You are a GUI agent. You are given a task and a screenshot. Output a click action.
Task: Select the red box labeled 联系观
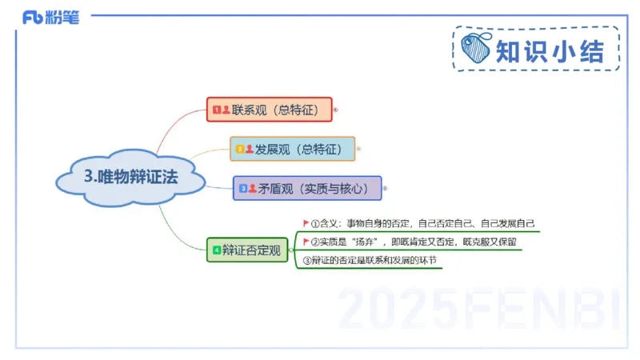click(270, 109)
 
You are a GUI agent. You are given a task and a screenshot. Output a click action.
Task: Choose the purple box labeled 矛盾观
click(307, 189)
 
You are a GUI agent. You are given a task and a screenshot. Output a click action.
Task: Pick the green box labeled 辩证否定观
click(246, 250)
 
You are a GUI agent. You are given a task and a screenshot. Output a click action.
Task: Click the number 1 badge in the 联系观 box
click(216, 109)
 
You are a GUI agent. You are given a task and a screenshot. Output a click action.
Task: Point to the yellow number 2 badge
click(239, 149)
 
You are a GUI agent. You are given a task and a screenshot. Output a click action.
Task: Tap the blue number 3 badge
click(243, 189)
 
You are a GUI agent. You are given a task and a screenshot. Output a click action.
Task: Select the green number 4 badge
click(216, 250)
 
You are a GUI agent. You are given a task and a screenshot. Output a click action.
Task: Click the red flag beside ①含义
click(306, 223)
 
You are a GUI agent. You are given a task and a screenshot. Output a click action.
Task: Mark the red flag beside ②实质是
click(306, 241)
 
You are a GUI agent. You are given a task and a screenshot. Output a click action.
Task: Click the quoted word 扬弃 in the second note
click(365, 242)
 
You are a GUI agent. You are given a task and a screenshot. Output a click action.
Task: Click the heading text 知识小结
click(549, 50)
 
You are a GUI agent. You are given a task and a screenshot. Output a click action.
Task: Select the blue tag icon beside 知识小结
click(478, 49)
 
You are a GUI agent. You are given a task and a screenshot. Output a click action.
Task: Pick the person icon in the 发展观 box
click(250, 149)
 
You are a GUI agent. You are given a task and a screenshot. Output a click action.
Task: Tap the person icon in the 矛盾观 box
click(253, 189)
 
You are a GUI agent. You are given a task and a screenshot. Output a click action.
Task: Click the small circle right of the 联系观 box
click(335, 109)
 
